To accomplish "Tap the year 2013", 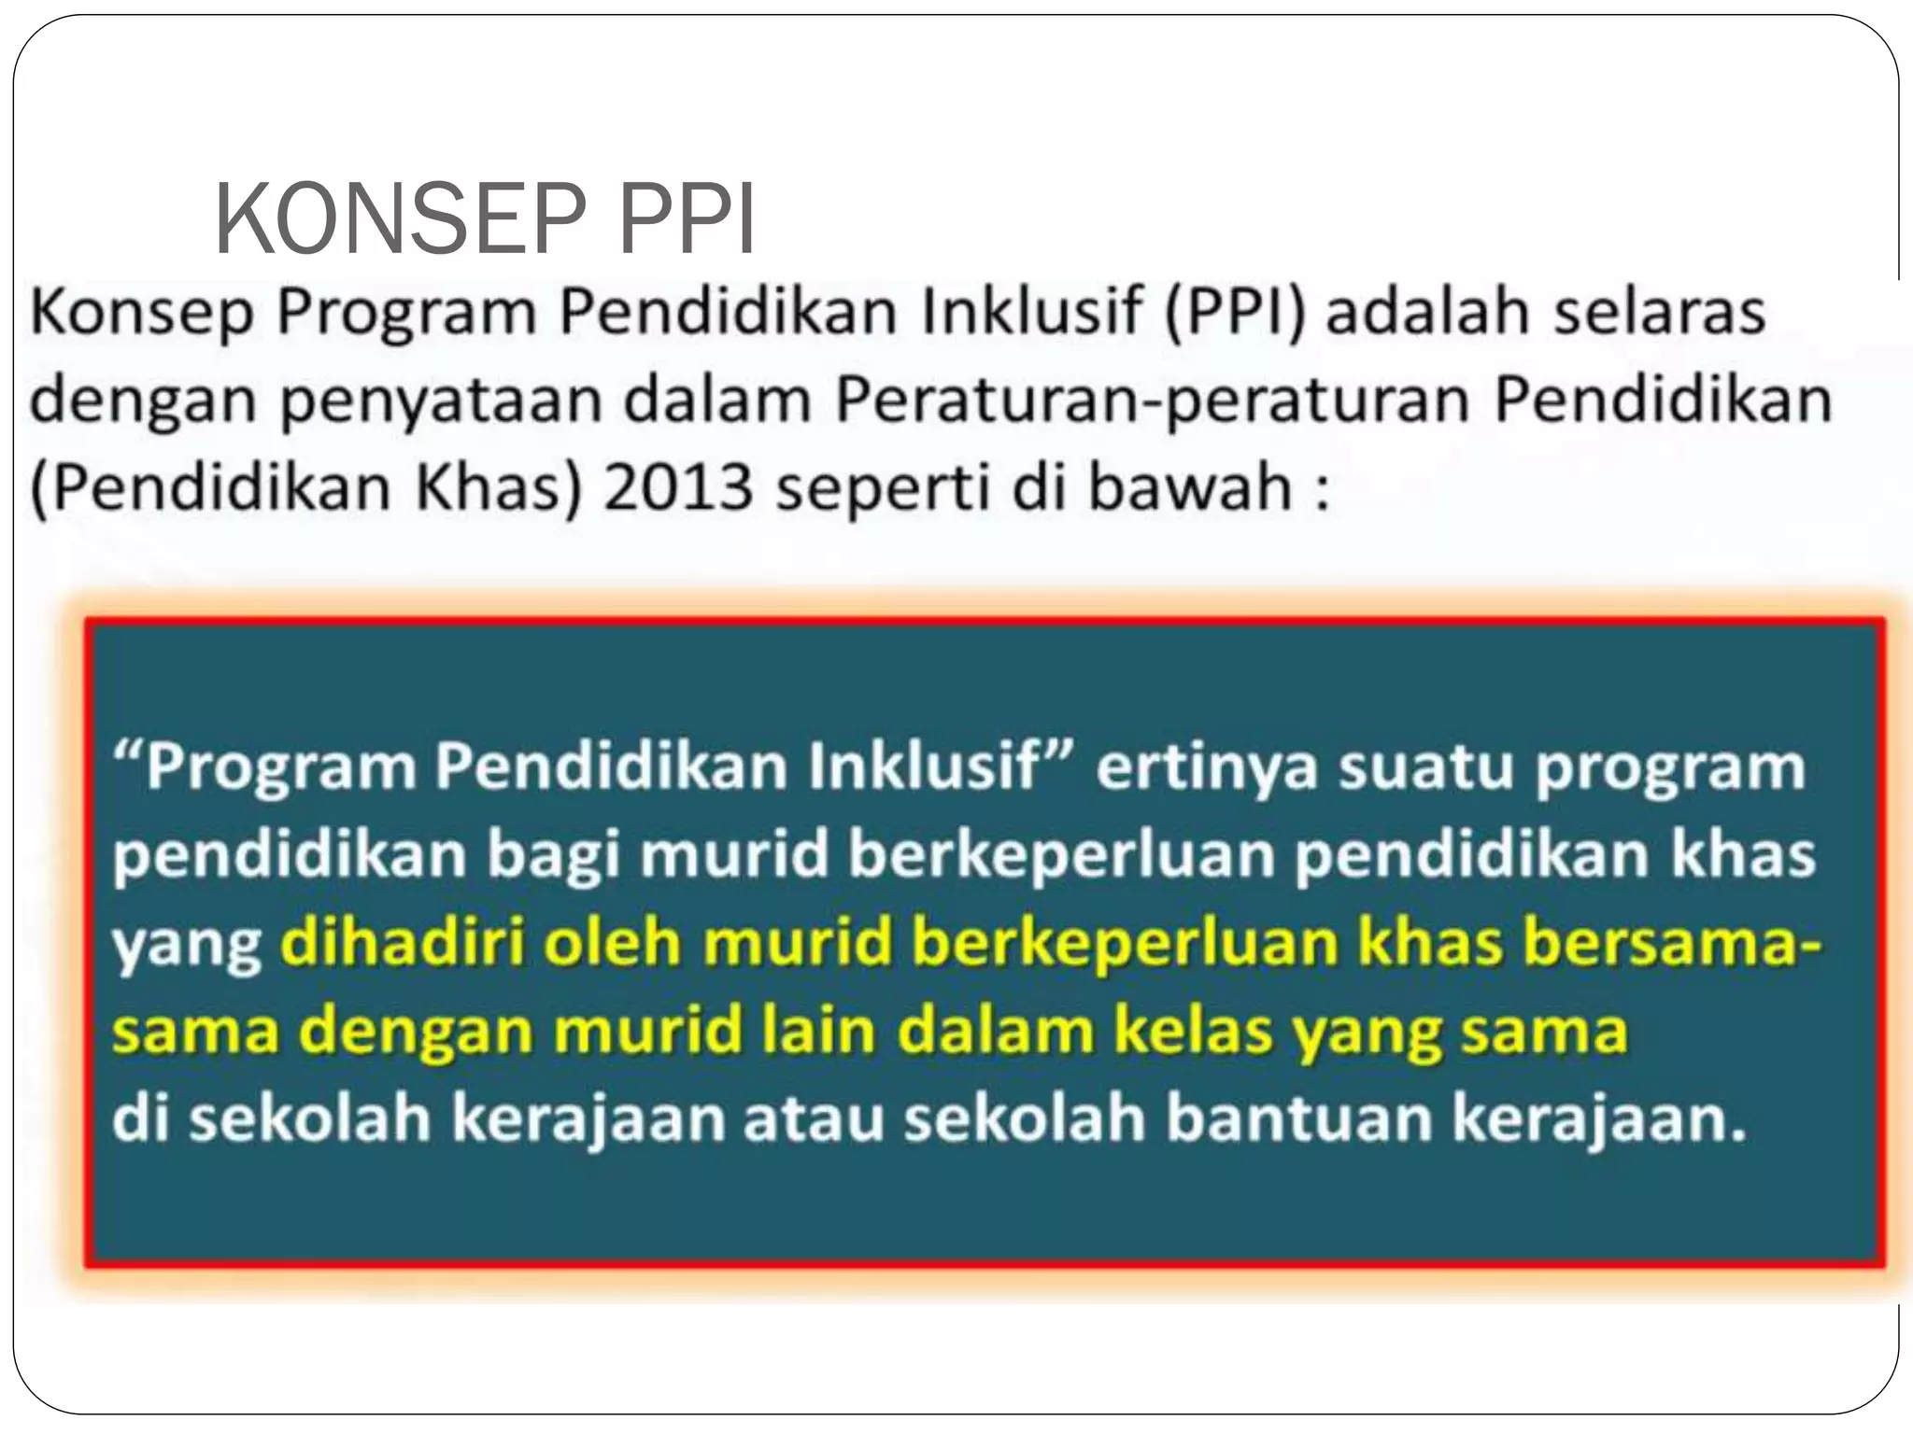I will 678,487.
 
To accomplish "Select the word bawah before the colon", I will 1190,487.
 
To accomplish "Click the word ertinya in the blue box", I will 1204,767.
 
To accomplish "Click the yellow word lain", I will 818,1031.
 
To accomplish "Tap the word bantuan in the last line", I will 1298,1118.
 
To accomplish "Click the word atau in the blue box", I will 813,1118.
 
